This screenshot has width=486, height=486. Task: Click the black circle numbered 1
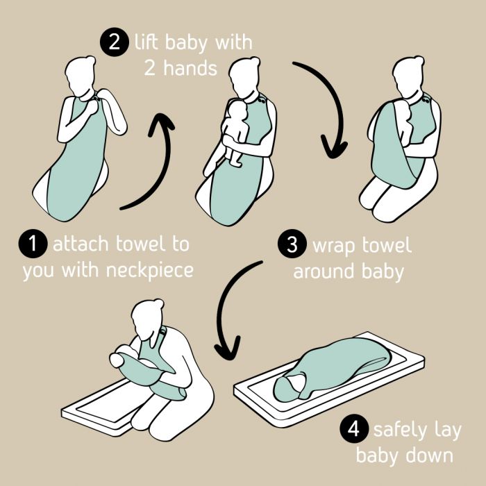(x=33, y=243)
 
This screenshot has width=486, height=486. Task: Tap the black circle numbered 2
(x=115, y=42)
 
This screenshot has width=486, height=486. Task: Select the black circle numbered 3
(x=292, y=244)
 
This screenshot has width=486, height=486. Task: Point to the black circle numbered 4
(x=354, y=429)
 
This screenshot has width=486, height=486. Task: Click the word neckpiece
(x=150, y=271)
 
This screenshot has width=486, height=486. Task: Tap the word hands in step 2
(x=190, y=68)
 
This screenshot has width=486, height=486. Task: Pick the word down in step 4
(x=429, y=455)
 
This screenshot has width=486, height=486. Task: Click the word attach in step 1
(x=81, y=244)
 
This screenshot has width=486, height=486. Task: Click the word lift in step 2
(x=146, y=42)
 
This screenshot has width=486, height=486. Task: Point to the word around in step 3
(x=324, y=271)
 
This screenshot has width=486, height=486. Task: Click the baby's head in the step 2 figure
(x=237, y=110)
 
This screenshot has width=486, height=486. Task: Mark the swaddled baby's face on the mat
(x=295, y=383)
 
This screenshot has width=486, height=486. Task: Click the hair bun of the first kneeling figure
(x=90, y=60)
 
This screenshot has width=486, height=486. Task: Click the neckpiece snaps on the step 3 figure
(x=426, y=100)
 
